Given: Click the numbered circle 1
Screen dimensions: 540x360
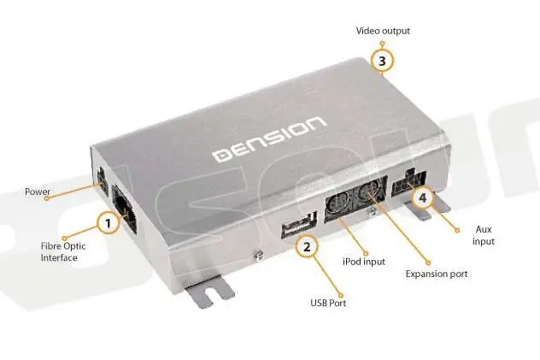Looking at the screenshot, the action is (109, 223).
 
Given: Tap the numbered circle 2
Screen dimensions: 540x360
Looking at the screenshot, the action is (307, 246).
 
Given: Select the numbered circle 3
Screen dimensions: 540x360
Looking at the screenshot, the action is (382, 61).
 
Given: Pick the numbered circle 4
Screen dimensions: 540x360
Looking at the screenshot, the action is (422, 198).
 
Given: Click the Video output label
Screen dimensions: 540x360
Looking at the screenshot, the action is (383, 31).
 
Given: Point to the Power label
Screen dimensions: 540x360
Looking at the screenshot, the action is (38, 192).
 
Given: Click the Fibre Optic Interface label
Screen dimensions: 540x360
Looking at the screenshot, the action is (63, 251).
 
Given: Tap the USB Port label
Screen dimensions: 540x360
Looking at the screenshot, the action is (328, 303).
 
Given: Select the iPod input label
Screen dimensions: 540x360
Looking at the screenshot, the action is (364, 262).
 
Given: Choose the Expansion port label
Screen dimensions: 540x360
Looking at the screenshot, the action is (437, 274).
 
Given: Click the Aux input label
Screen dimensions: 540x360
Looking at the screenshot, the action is (484, 235).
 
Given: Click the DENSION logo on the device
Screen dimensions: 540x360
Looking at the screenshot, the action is (269, 139).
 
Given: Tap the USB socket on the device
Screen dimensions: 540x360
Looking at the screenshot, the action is (299, 225).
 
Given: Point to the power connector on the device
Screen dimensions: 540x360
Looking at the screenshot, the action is (101, 180).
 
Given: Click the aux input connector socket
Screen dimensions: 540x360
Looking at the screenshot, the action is (408, 184).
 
